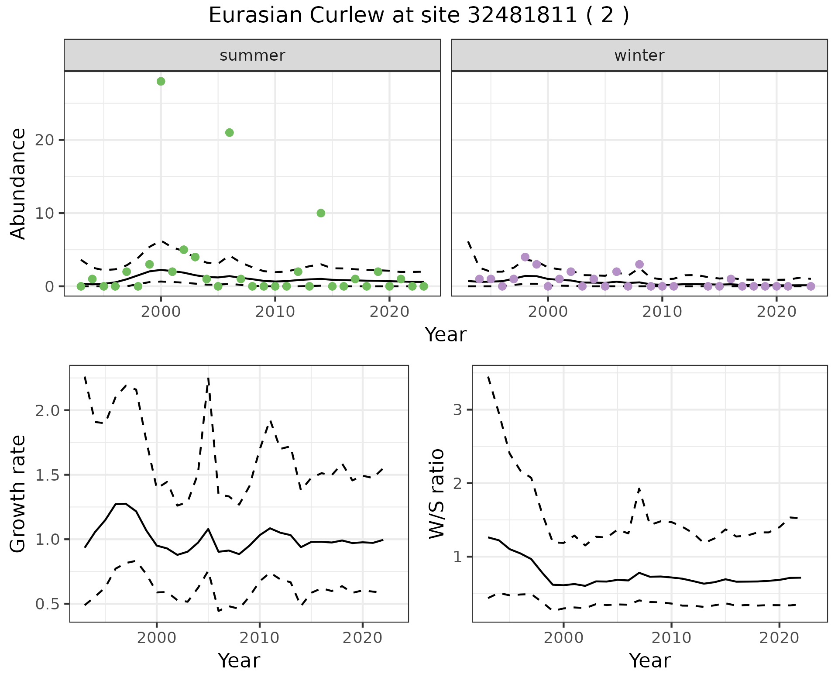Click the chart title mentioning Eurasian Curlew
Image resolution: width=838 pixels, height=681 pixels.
419,16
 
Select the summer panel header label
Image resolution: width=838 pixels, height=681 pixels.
252,55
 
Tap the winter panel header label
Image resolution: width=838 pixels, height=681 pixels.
639,55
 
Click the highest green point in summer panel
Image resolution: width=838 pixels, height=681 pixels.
161,81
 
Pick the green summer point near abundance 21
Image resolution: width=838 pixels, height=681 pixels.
229,133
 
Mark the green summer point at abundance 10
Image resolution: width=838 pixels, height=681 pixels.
321,213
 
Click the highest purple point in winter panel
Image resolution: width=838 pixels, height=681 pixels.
525,257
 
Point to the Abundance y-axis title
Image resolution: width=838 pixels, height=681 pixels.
18,184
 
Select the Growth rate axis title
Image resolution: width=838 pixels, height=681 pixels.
18,494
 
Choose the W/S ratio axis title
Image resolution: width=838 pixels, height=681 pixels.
436,494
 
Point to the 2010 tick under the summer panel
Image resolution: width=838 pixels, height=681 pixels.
275,312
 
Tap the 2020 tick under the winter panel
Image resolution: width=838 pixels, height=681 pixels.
776,312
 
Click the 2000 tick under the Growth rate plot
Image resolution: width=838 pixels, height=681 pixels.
157,638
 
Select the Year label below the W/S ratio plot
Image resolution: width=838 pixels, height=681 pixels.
649,661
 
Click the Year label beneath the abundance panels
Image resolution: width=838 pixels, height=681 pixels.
446,335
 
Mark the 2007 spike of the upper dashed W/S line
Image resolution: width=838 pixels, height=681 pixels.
639,488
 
